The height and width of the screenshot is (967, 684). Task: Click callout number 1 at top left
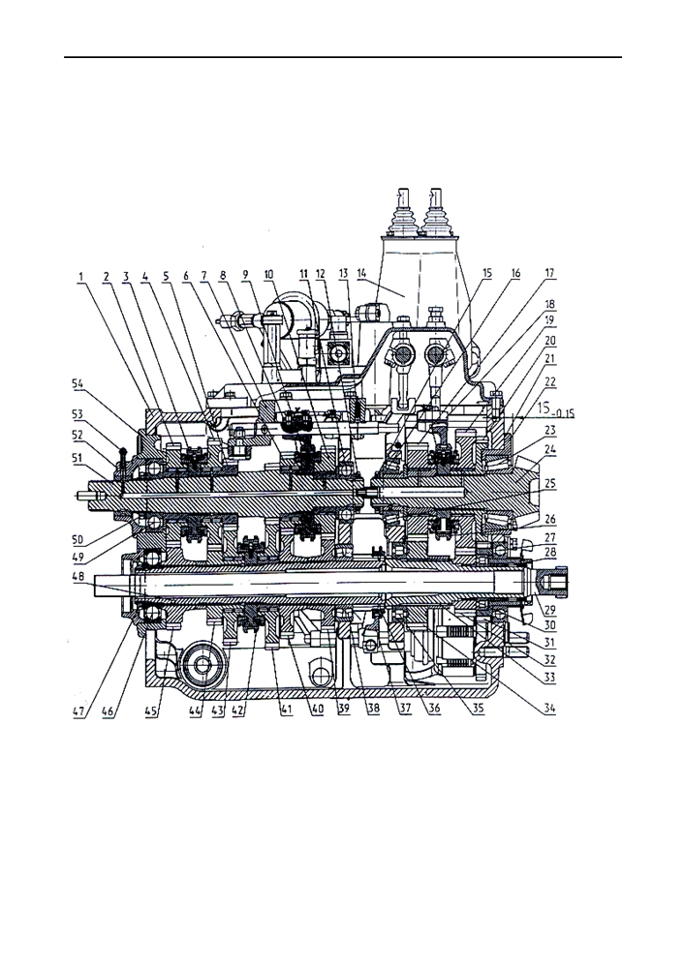(80, 277)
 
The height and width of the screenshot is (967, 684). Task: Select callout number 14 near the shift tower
(361, 272)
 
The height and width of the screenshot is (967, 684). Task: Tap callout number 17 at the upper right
(549, 272)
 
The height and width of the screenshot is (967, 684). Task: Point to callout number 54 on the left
(79, 383)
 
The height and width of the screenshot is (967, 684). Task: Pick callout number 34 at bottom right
(549, 709)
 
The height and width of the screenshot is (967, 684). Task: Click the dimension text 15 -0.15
(554, 409)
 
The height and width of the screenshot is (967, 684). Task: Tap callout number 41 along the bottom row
(286, 710)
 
